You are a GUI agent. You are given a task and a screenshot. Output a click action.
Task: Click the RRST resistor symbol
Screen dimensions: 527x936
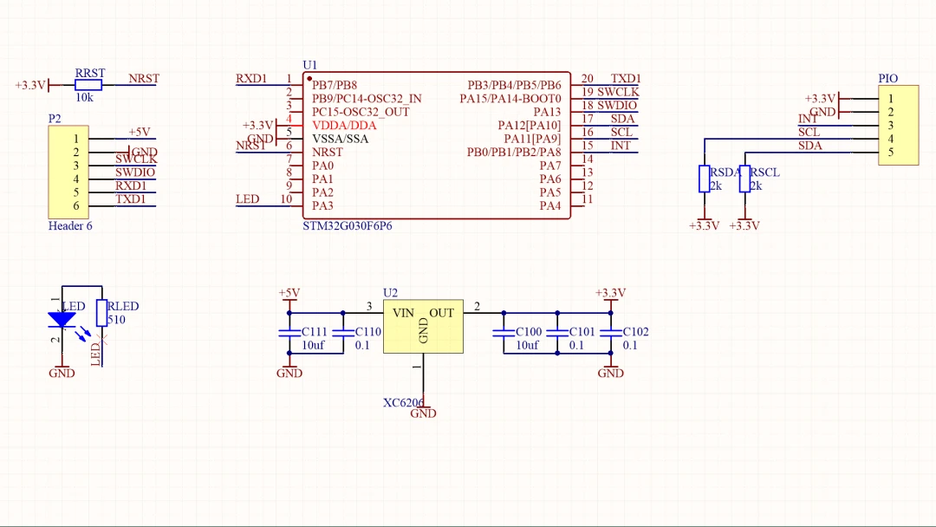(x=88, y=85)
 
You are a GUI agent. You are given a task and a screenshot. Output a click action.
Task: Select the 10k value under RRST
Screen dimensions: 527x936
(x=84, y=98)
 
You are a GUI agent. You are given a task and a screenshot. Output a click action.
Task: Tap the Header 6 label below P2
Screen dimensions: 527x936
(x=70, y=226)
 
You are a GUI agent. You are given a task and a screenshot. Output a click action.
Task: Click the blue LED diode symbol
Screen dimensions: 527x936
(x=62, y=320)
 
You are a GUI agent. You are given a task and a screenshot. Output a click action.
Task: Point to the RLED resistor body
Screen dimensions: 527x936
(x=101, y=313)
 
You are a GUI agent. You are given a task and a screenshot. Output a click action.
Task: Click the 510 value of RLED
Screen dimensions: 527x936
(x=116, y=320)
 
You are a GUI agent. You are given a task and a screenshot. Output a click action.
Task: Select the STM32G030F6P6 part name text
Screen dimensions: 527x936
(x=348, y=225)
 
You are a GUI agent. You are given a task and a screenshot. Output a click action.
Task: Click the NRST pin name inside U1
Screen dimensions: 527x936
(x=328, y=152)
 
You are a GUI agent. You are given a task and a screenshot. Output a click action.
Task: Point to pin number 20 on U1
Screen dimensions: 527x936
(x=588, y=79)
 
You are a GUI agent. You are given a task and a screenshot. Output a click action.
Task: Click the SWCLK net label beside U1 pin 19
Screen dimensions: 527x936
(x=618, y=92)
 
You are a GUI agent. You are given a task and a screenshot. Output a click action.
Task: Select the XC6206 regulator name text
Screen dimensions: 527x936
(x=404, y=402)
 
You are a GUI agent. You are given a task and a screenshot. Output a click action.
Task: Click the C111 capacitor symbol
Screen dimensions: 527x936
(x=289, y=333)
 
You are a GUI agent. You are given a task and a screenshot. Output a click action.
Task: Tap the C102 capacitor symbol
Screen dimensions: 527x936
(x=611, y=333)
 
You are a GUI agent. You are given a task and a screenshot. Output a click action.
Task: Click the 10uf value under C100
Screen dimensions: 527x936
(x=527, y=345)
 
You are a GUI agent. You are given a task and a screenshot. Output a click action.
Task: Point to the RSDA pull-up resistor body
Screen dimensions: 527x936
(x=704, y=179)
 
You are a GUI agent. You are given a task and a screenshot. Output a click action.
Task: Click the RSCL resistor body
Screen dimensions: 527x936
(x=744, y=179)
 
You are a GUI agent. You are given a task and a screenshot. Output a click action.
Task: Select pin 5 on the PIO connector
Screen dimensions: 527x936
(x=890, y=153)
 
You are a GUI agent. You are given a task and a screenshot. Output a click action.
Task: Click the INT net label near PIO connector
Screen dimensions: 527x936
(x=808, y=119)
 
